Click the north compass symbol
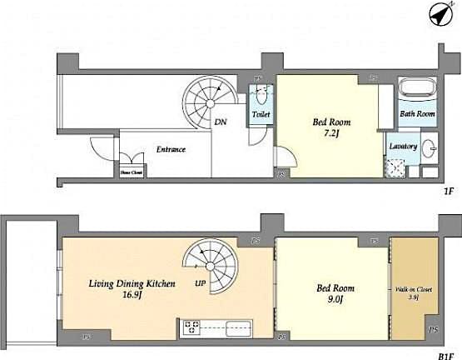coord(440,14)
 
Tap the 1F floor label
coord(447,192)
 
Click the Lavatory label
coord(403,146)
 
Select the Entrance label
coord(171,150)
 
